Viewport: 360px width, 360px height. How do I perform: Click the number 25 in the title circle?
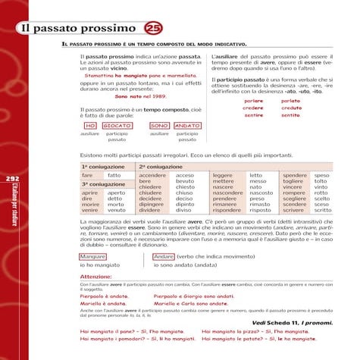[x=151, y=29]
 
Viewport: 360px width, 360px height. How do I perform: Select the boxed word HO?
[x=89, y=124]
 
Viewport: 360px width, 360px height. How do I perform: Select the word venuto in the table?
[x=117, y=210]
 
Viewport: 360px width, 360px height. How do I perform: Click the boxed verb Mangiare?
[x=92, y=256]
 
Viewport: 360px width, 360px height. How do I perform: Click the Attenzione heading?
[x=96, y=277]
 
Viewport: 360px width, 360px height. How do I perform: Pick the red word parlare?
[x=254, y=100]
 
